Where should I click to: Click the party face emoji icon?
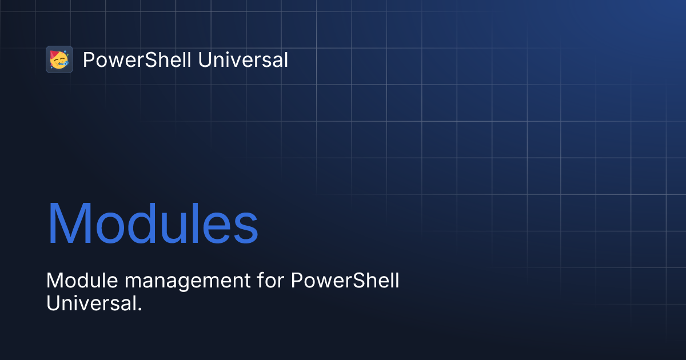click(59, 59)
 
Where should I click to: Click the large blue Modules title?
click(152, 223)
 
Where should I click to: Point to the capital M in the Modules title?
click(67, 223)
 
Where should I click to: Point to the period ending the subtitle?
click(139, 309)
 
